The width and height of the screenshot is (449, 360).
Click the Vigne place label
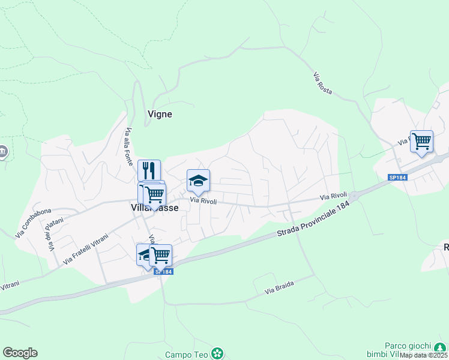pos(160,114)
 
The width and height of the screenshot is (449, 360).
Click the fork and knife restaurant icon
pos(149,170)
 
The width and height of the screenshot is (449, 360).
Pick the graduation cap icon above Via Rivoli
pos(198,180)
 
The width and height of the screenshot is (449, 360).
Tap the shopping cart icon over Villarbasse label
pos(155,194)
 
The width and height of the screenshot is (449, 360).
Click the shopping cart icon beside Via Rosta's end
pos(421,142)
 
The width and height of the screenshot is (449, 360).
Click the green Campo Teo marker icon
pos(217,354)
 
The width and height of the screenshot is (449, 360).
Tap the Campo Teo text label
pos(186,355)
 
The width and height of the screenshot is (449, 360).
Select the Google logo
pos(20,353)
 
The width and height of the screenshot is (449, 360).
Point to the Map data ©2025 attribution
pos(423,355)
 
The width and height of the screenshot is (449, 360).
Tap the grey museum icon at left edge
pos(3,152)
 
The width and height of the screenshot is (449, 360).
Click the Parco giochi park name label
pos(408,346)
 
